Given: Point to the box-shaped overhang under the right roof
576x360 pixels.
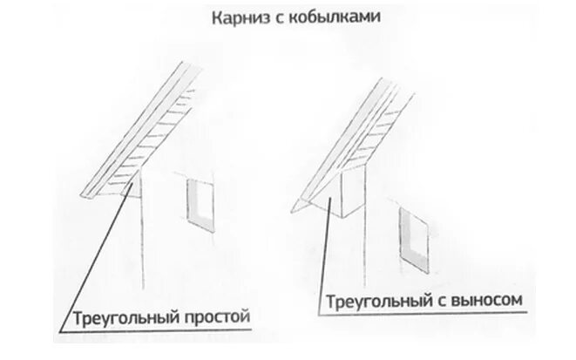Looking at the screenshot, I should click(x=346, y=194).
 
